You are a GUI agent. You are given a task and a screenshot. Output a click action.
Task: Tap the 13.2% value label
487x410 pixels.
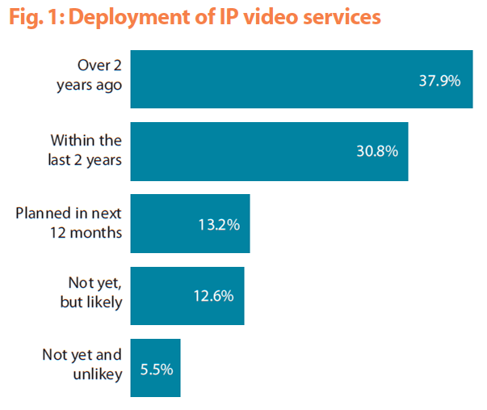click(218, 224)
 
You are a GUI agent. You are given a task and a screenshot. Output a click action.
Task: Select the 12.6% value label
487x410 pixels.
click(212, 296)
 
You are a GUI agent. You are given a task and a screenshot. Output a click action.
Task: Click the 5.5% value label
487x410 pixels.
click(155, 368)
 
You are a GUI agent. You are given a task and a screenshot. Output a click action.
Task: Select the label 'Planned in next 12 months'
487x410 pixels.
click(69, 222)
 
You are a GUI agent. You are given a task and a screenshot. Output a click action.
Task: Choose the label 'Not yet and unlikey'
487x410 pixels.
click(81, 366)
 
